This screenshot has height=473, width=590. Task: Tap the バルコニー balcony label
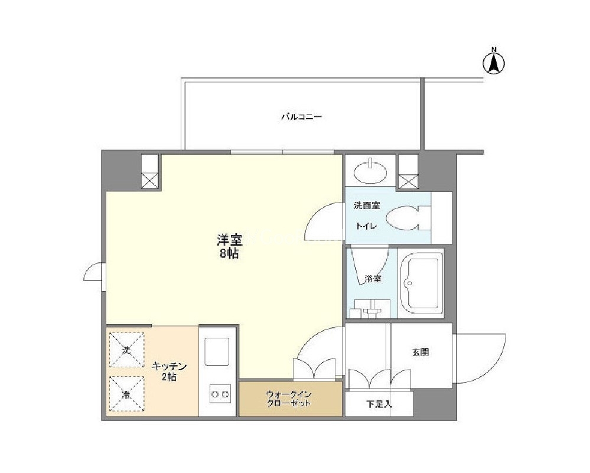[301, 117]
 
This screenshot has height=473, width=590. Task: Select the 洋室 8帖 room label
[229, 246]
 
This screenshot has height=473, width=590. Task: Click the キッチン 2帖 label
[169, 371]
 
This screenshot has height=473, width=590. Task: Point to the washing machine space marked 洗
[127, 350]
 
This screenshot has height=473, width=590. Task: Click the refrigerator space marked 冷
[126, 394]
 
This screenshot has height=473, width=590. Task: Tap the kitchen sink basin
[217, 351]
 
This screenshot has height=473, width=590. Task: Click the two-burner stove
[220, 394]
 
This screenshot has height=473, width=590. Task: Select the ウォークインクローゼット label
[289, 399]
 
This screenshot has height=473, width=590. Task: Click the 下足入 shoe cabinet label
[379, 405]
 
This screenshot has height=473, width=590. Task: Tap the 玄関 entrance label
[421, 353]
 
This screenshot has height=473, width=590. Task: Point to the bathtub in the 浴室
[422, 283]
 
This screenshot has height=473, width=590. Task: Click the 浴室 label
[373, 279]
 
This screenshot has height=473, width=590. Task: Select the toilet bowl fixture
[408, 218]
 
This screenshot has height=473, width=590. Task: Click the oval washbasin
[371, 171]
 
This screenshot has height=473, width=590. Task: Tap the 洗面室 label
[367, 205]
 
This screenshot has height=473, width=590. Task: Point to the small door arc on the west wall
[90, 272]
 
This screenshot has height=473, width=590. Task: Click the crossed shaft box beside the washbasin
[409, 181]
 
